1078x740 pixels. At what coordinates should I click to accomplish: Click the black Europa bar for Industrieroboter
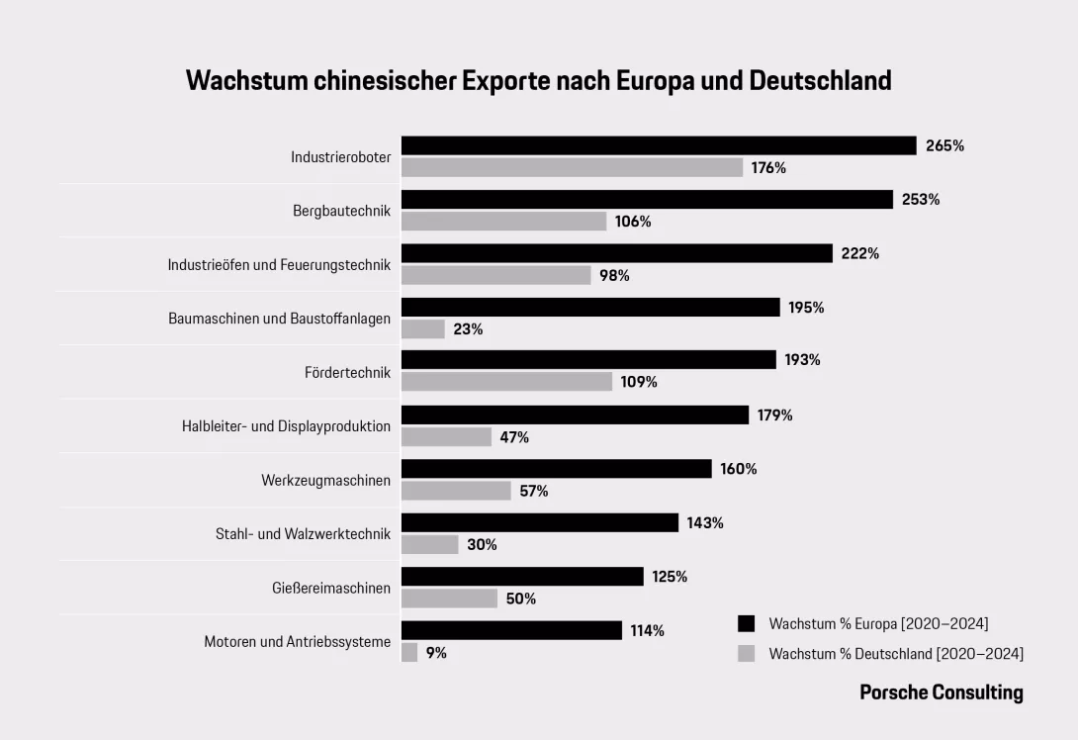[659, 145]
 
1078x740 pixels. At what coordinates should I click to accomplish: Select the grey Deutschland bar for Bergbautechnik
[503, 222]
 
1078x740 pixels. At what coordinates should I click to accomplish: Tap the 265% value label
[944, 145]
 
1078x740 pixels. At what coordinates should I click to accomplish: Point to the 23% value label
[468, 329]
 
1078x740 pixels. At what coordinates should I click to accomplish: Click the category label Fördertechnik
[347, 373]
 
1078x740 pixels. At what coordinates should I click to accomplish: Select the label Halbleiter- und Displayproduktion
[286, 426]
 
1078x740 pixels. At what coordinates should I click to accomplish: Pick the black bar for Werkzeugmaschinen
[556, 469]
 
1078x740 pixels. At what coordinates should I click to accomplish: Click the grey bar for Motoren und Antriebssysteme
[409, 653]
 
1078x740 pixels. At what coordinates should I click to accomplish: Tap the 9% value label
[436, 653]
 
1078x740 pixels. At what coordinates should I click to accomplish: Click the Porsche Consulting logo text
[941, 693]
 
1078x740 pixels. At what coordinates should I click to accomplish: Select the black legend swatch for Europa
[747, 623]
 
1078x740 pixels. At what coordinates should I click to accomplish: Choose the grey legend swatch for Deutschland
[747, 653]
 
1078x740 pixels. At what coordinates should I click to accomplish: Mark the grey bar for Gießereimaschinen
[449, 599]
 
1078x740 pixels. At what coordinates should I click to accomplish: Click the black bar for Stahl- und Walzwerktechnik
[540, 522]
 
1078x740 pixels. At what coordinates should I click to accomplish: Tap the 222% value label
[860, 253]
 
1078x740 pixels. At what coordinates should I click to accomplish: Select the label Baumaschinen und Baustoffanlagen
[279, 319]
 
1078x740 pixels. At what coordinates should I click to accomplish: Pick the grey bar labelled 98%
[495, 275]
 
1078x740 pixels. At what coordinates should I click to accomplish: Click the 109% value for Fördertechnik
[639, 382]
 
